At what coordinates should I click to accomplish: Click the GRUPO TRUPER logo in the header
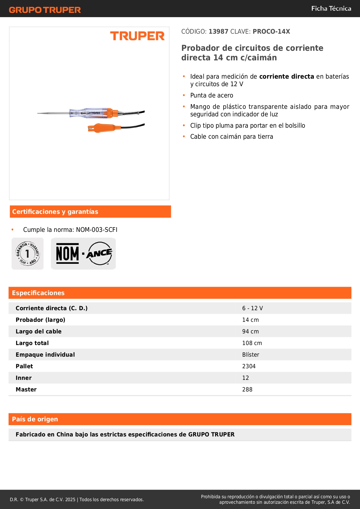45,10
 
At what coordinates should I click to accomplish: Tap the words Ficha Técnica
331,9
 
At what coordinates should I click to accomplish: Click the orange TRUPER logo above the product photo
137,36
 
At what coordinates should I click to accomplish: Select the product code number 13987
218,32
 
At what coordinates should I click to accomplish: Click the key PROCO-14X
271,32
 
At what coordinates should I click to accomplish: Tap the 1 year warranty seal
28,254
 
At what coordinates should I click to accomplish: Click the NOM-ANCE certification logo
83,254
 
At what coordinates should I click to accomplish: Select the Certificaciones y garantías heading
55,212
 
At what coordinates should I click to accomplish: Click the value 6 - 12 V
252,308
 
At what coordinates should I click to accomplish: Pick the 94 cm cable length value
250,331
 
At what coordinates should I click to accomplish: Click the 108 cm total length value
252,343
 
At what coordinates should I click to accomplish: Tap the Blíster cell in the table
251,355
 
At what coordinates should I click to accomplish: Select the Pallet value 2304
249,366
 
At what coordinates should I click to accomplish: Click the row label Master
26,389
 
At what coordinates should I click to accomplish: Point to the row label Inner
23,378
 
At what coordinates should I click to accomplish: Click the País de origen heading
35,419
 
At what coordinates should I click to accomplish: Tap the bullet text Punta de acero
211,95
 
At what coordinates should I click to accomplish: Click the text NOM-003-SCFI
97,230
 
